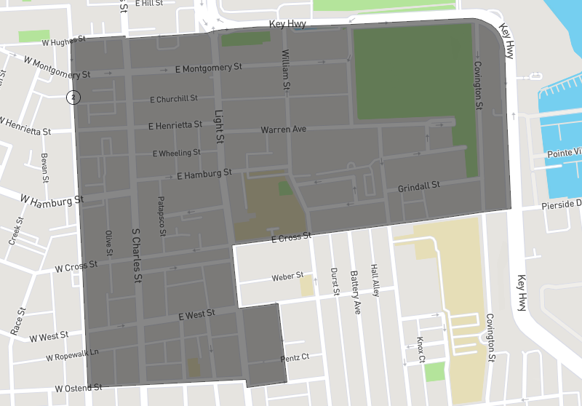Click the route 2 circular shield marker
click(x=73, y=97)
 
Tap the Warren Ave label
click(x=284, y=130)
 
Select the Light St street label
click(x=219, y=124)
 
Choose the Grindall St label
click(x=418, y=187)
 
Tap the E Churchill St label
click(x=174, y=99)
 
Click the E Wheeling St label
click(x=176, y=154)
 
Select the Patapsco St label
click(x=163, y=215)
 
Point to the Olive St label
click(x=109, y=243)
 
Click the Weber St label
click(x=287, y=276)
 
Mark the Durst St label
click(x=335, y=280)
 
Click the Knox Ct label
click(x=421, y=350)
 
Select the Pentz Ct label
click(x=295, y=357)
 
